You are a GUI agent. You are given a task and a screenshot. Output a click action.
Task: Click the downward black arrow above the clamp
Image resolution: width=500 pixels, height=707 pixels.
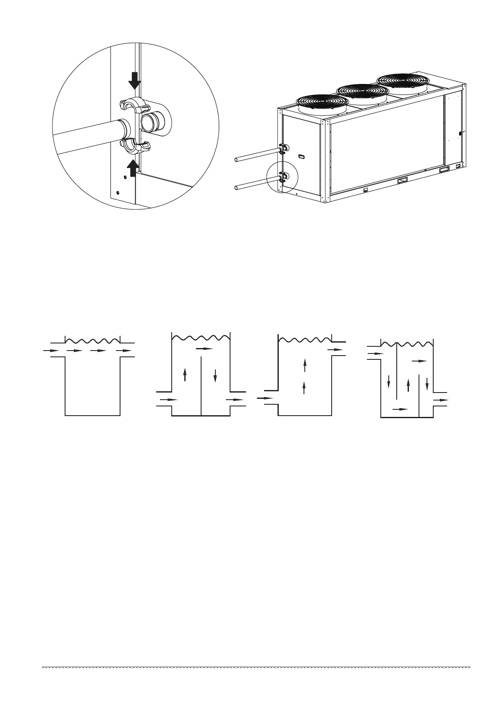pos(134,80)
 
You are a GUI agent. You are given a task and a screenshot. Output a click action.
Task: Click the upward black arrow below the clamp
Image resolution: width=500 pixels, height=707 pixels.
pos(133,168)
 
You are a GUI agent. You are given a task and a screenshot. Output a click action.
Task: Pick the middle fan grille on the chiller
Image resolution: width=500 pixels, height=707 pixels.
pos(362,90)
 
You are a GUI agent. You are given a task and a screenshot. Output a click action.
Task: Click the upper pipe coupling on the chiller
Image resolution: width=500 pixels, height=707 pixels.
pos(283,149)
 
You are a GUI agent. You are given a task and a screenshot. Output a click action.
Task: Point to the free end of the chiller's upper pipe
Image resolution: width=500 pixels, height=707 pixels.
pos(236,159)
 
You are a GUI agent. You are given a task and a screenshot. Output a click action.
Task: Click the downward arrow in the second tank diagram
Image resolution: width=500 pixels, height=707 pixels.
pos(215,375)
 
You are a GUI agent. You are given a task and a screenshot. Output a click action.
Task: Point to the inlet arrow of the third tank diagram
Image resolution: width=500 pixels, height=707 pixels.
pos(265,398)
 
